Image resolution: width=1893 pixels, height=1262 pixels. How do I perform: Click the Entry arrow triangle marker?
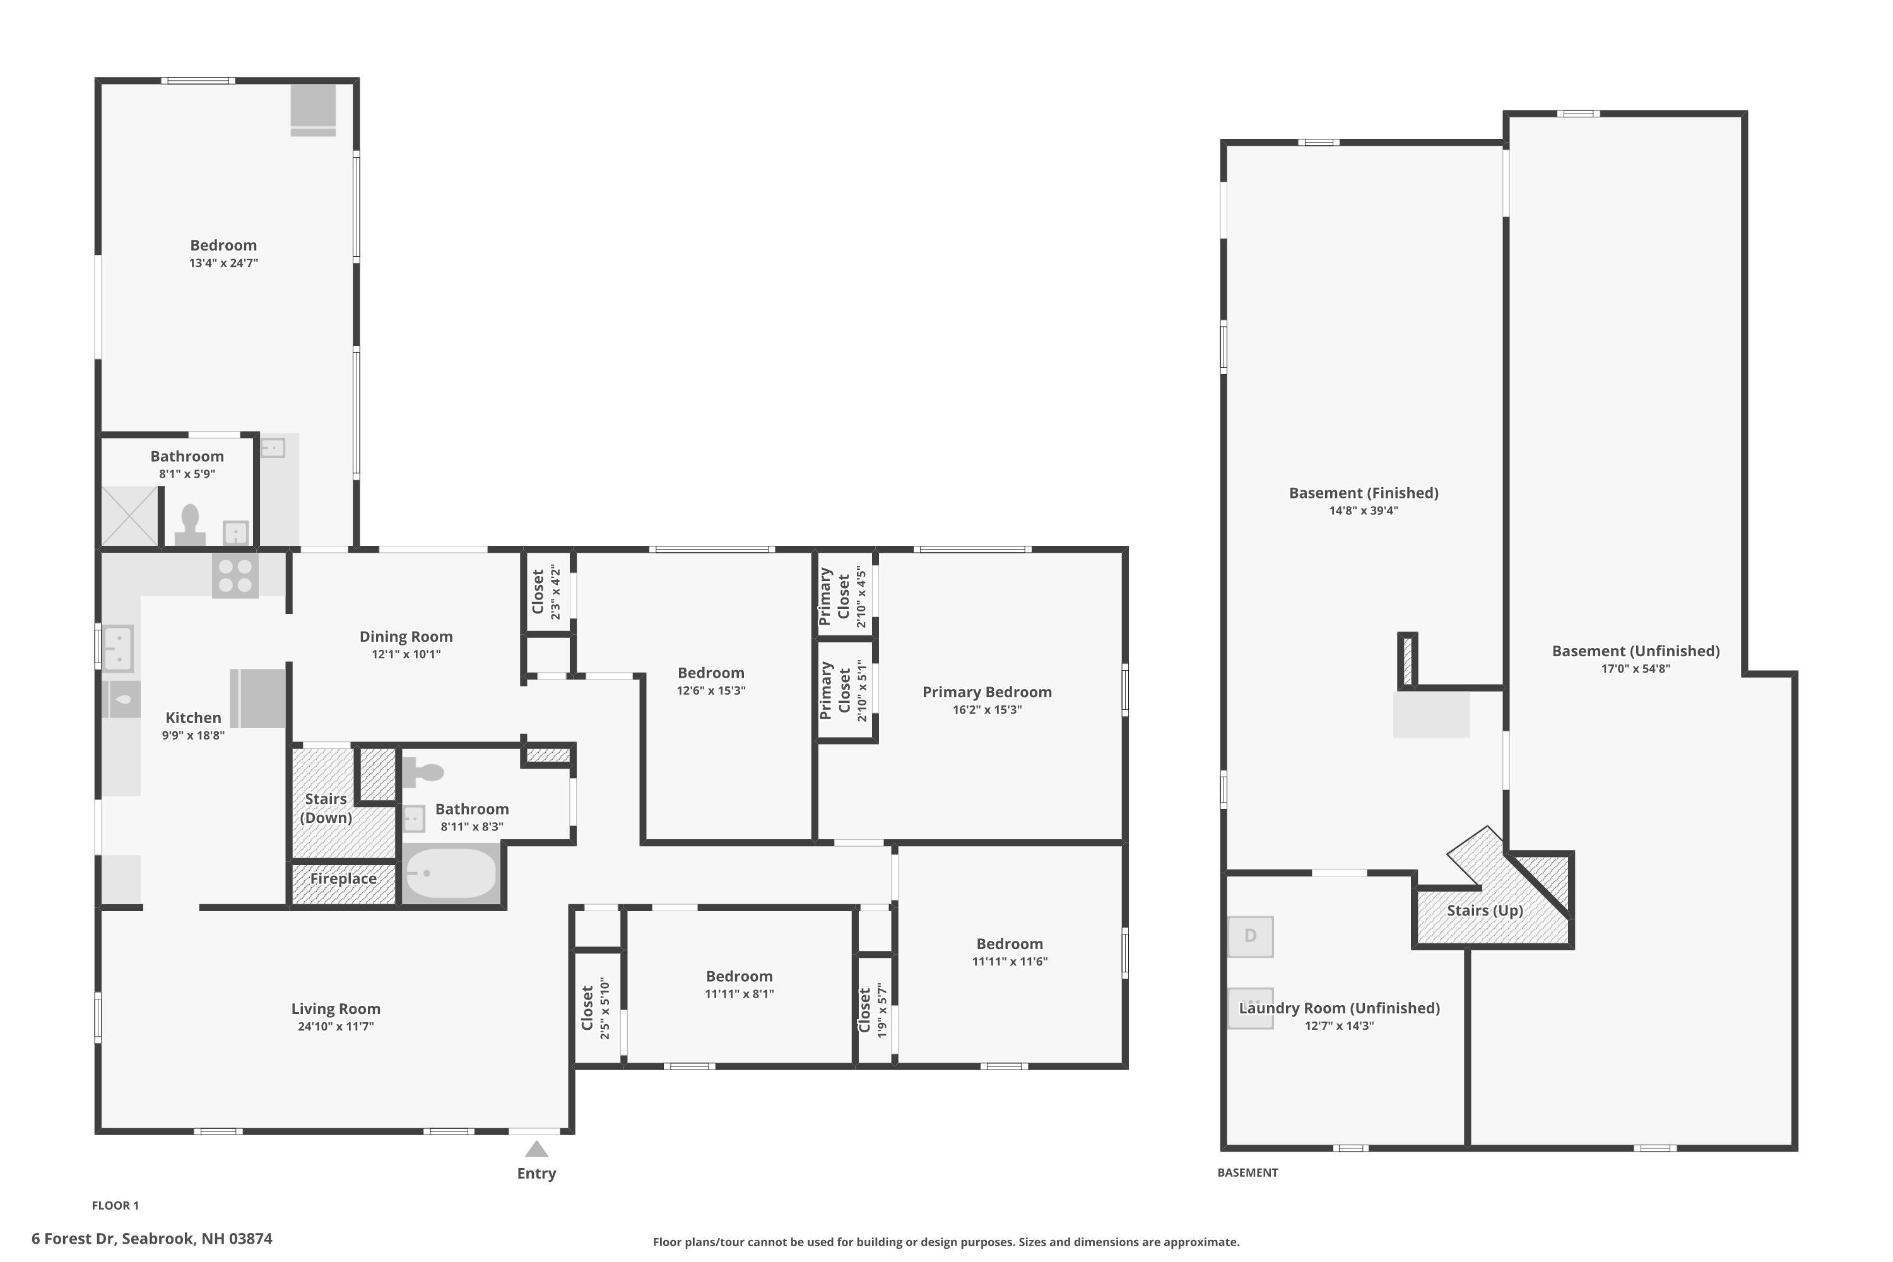coord(536,1149)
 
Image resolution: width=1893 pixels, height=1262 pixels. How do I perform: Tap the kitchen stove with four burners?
coord(235,576)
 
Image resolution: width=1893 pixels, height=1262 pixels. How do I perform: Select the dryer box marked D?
coord(1250,936)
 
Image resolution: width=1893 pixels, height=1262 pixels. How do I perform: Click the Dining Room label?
coord(406,637)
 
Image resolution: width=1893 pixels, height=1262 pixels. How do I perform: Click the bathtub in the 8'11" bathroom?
coord(451,873)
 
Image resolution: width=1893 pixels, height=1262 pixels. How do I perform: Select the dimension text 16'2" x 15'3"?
coord(987,710)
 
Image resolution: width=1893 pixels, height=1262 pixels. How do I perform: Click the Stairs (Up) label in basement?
coord(1484,911)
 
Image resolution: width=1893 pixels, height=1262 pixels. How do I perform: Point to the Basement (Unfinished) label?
coord(1636,651)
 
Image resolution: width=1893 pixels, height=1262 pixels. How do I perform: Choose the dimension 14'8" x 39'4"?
coord(1364,511)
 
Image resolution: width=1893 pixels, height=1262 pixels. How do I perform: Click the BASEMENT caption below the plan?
coord(1247,1172)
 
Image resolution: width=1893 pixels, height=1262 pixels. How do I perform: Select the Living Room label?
coord(336,1009)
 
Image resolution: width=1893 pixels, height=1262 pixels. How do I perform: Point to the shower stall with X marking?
coord(129,516)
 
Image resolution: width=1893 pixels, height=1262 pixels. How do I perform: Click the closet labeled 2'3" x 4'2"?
coord(546,593)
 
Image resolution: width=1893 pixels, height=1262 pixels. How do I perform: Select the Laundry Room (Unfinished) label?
coord(1339,1008)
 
